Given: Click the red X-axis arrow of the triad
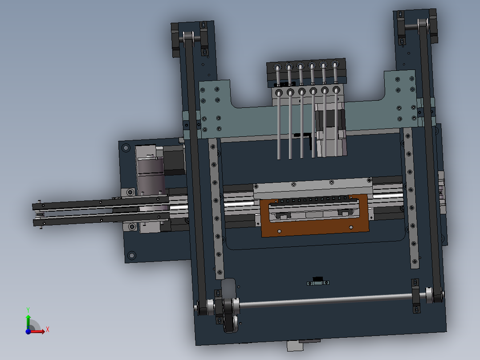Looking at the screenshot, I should [39, 331].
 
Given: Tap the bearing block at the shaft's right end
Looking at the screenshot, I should [416, 295].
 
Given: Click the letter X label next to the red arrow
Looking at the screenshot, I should [47, 329].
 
